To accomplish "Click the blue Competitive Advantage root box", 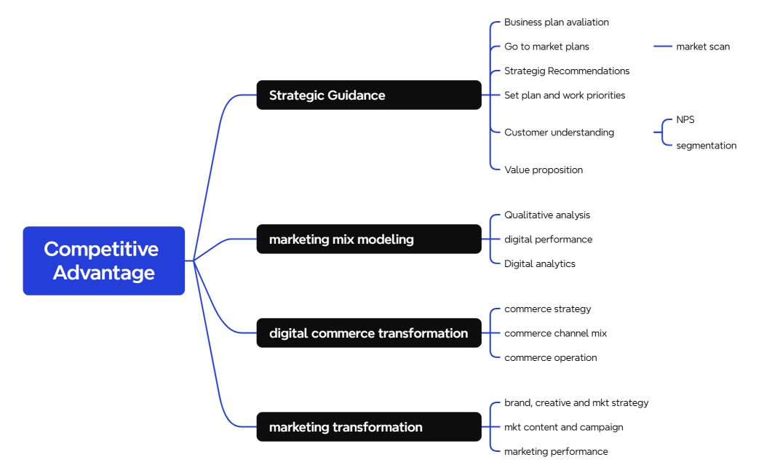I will pyautogui.click(x=103, y=261).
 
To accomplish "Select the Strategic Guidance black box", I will pyautogui.click(x=368, y=95).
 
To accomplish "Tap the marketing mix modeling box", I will pyautogui.click(x=368, y=239).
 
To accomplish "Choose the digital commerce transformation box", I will pyautogui.click(x=368, y=333).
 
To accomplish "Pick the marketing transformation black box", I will pyautogui.click(x=368, y=427).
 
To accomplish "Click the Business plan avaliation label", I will pyautogui.click(x=556, y=23).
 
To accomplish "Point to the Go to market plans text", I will pyautogui.click(x=546, y=47).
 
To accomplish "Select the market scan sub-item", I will pyautogui.click(x=702, y=47).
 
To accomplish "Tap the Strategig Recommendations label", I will pyautogui.click(x=567, y=71).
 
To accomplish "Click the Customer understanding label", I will pyautogui.click(x=559, y=132).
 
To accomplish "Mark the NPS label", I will pyautogui.click(x=685, y=119).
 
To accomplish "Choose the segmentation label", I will pyautogui.click(x=706, y=146).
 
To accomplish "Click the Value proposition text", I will pyautogui.click(x=544, y=170).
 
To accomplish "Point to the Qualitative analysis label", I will pyautogui.click(x=547, y=215).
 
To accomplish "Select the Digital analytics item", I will pyautogui.click(x=539, y=264).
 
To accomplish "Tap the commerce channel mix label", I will pyautogui.click(x=555, y=333).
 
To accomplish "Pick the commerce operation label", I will pyautogui.click(x=550, y=358).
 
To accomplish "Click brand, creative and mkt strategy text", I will pyautogui.click(x=576, y=403).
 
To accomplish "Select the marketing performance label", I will pyautogui.click(x=556, y=452).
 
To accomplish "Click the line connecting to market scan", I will pyautogui.click(x=662, y=47).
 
